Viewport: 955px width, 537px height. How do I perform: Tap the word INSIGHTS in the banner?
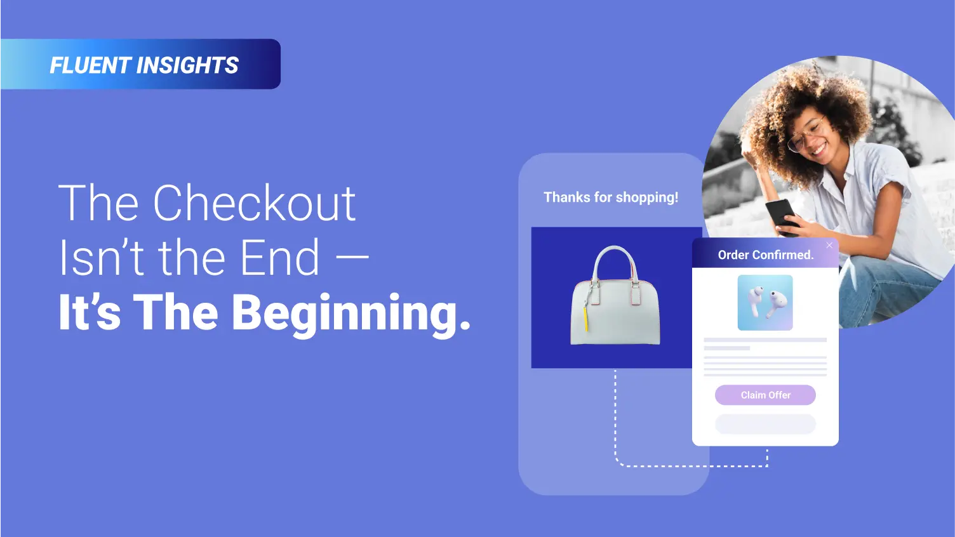tap(187, 65)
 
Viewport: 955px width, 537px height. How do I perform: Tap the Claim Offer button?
tap(765, 395)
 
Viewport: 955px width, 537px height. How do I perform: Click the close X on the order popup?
tap(829, 245)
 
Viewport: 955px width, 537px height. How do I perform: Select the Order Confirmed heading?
tap(766, 255)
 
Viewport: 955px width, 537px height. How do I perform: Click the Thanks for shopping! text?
tap(611, 197)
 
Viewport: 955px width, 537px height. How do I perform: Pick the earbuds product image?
tap(765, 303)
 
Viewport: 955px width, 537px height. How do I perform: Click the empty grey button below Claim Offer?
tap(765, 424)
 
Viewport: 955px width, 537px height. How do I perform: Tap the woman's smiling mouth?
tap(818, 149)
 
